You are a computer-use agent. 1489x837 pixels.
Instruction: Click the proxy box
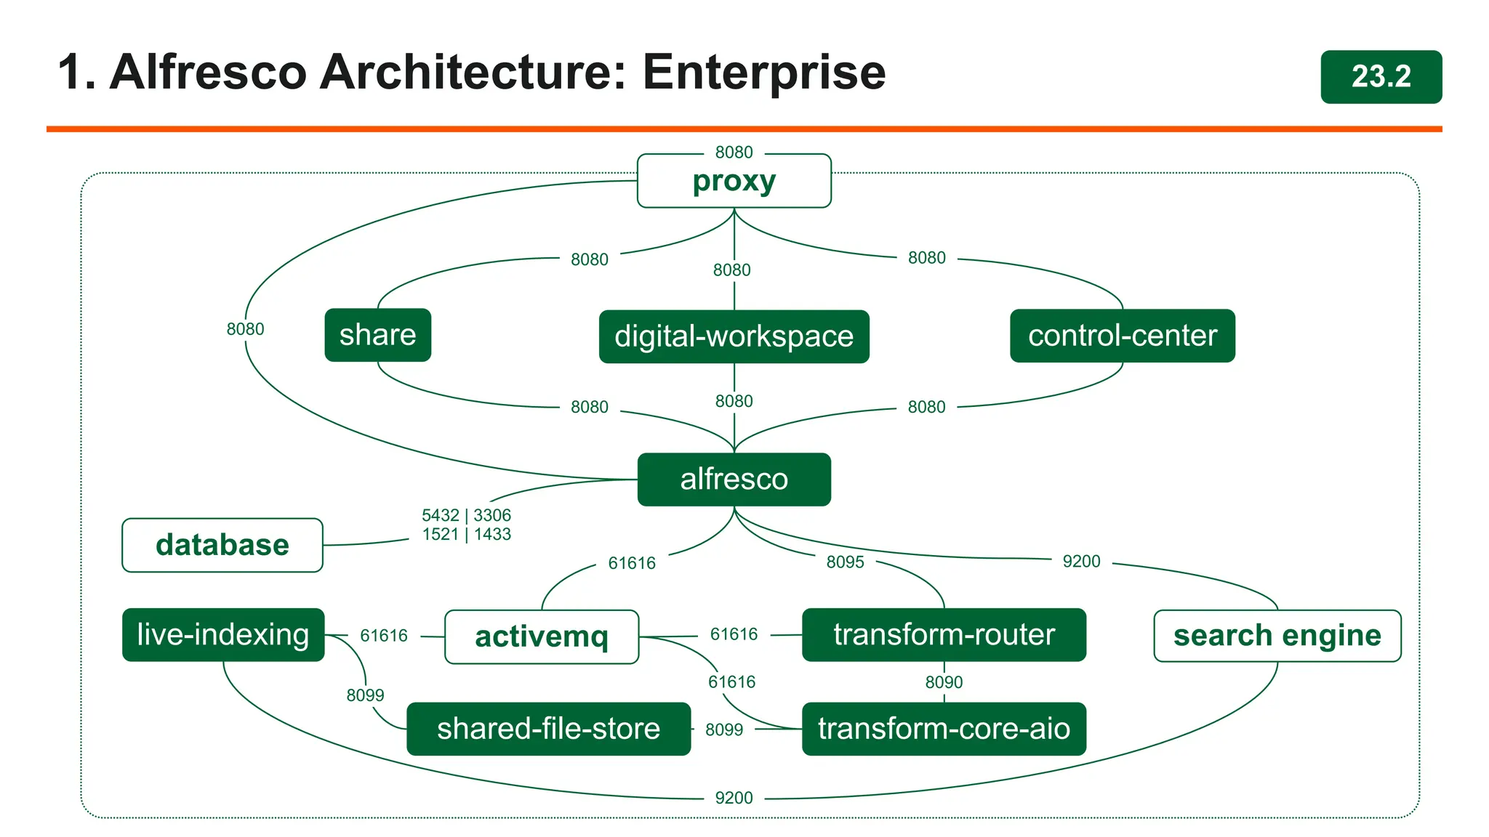pos(734,181)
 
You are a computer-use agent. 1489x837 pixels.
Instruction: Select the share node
pos(377,335)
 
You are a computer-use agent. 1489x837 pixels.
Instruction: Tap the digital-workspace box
pos(734,336)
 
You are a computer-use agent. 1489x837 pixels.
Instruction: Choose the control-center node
pos(1122,336)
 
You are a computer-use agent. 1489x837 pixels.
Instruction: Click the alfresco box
pos(734,480)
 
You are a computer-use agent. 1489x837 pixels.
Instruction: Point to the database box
pos(222,545)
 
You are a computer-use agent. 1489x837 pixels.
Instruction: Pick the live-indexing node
pos(222,635)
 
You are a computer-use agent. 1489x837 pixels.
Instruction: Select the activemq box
pos(541,636)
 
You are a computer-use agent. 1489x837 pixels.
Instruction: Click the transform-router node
pos(943,635)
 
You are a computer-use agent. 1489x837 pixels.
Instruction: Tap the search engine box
pos(1277,636)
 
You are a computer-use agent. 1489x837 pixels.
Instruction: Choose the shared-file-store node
pos(548,729)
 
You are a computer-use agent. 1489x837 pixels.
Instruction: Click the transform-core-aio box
pos(943,729)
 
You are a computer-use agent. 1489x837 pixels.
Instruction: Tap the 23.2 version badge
pos(1381,77)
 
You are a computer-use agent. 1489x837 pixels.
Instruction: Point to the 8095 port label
pos(845,562)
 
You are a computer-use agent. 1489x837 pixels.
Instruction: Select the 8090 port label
pos(944,682)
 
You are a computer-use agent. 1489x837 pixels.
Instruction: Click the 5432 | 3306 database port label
pos(466,516)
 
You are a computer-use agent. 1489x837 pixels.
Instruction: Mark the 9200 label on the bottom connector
pos(734,798)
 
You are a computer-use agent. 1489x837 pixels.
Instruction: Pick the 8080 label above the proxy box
pos(734,153)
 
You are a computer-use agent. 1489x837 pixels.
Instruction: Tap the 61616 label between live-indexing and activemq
pos(384,636)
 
